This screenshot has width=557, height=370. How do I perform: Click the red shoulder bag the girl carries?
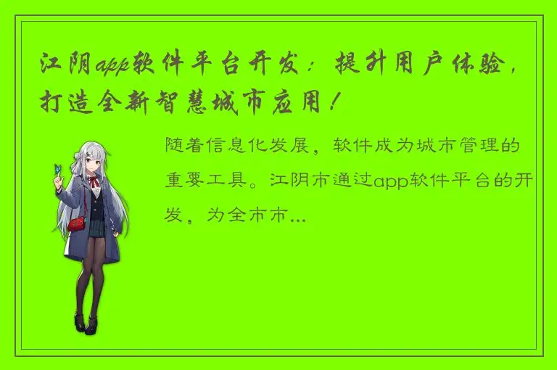[x=76, y=221]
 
